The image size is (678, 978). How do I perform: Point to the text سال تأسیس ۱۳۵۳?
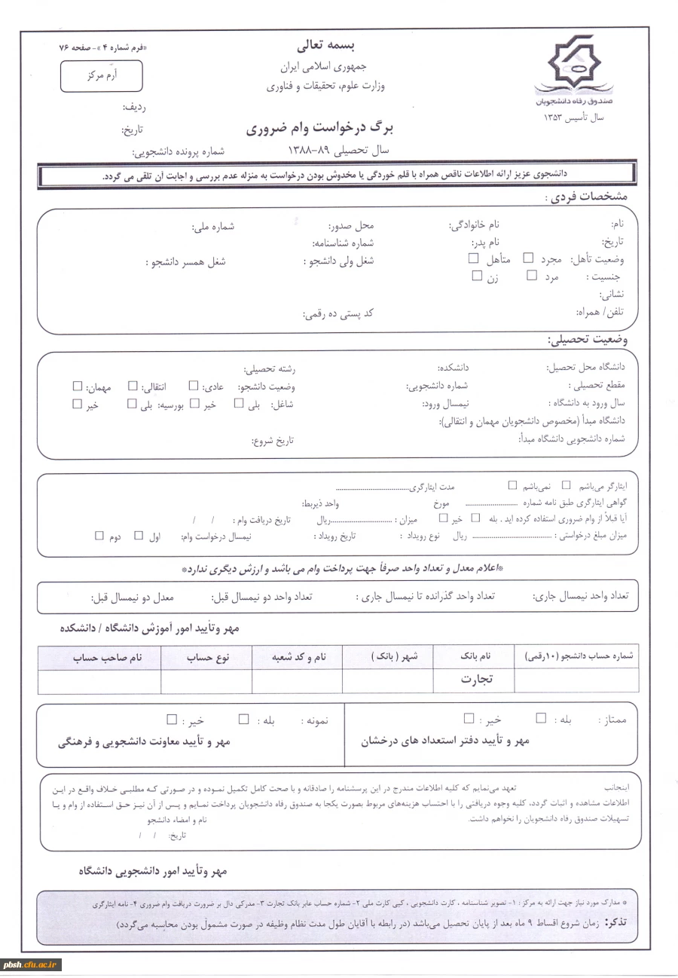point(573,118)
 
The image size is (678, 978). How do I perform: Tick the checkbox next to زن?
point(476,276)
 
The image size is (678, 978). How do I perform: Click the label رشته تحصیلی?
point(269,369)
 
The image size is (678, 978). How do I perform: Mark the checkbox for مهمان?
point(77,387)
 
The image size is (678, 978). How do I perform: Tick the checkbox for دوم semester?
point(99,536)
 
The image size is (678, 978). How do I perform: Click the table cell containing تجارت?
point(476,679)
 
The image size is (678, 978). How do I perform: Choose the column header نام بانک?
point(475,657)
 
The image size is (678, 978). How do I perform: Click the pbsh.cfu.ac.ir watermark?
point(32,964)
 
